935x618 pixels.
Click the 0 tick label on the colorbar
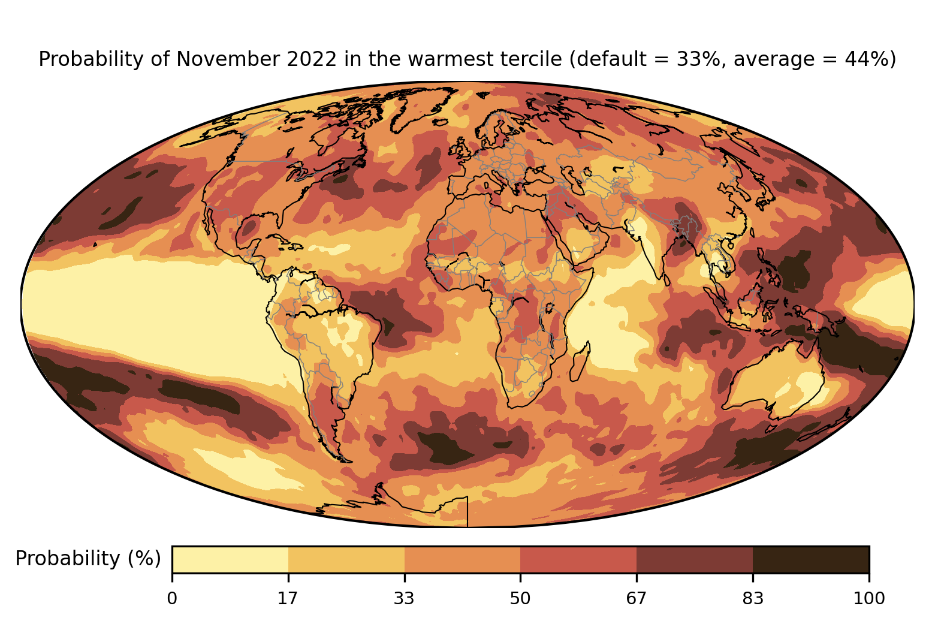(172, 598)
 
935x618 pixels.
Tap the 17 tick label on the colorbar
(288, 598)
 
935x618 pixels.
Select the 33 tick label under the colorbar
(405, 598)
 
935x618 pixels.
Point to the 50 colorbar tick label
(520, 598)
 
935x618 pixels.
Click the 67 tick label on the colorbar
(637, 598)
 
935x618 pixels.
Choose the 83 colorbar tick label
(753, 598)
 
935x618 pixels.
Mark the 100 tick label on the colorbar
(868, 598)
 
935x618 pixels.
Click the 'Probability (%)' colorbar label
(88, 559)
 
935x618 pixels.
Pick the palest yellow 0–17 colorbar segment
(230, 559)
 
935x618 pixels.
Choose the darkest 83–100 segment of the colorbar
(810, 559)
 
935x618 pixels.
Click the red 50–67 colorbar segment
(578, 559)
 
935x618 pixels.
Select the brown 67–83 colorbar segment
(695, 559)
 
